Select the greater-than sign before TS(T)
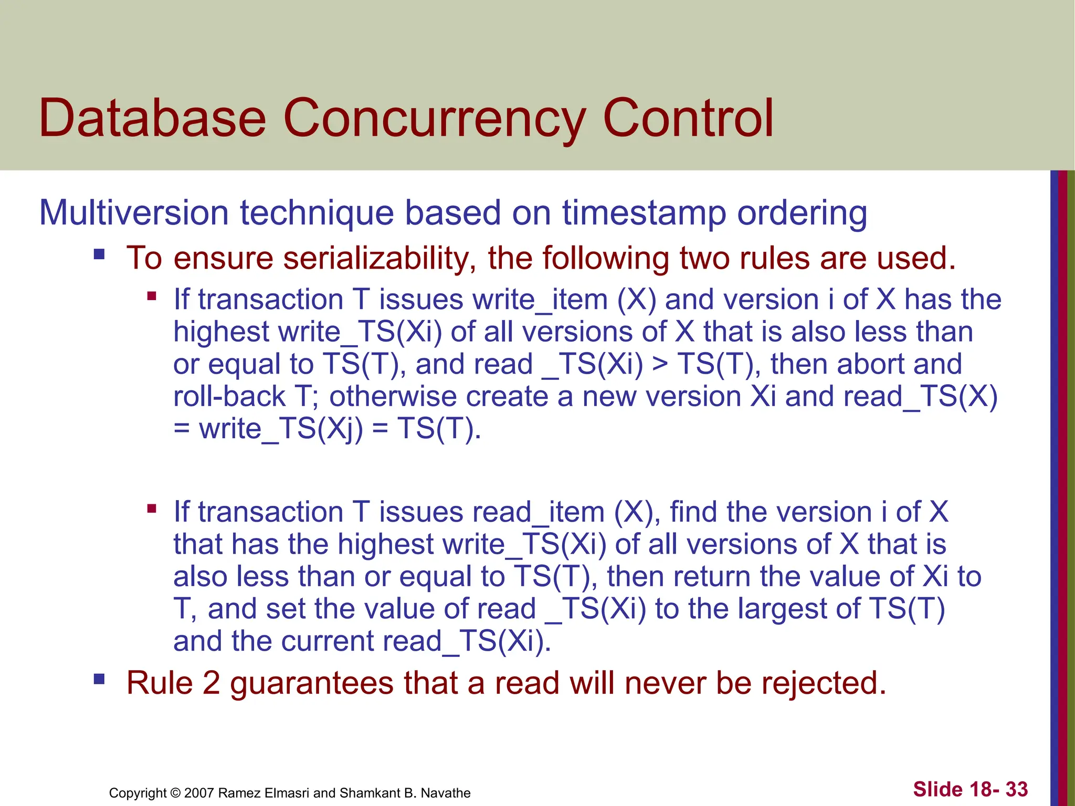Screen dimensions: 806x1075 660,365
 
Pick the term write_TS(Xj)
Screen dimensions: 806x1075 281,429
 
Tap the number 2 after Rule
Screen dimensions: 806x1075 211,683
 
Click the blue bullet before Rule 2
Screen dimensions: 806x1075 99,680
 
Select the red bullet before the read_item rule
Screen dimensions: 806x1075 152,508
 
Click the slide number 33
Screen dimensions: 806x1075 1017,789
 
